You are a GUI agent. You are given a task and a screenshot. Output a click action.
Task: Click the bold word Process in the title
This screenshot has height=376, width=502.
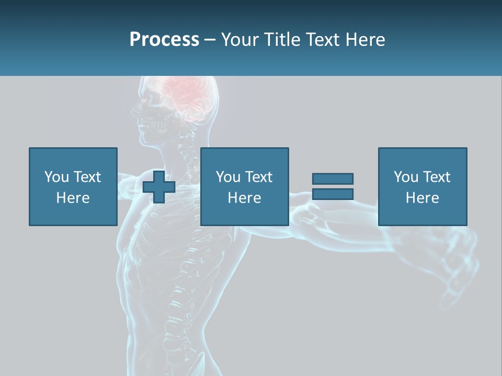coord(164,40)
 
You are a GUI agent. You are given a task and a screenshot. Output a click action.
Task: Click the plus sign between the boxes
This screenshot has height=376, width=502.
coord(159,186)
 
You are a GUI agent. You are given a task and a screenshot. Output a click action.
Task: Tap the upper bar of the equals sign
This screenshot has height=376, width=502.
coord(333,179)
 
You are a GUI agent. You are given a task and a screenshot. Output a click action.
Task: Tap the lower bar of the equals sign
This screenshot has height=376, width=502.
coord(333,194)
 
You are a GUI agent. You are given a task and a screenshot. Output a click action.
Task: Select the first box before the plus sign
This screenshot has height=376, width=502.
coord(73,186)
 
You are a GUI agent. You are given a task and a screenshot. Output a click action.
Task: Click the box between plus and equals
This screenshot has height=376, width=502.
coord(244,186)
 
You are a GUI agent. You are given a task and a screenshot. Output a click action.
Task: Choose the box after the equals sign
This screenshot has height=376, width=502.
coord(422,186)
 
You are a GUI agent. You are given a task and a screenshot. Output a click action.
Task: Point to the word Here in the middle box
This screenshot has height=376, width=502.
coord(244,198)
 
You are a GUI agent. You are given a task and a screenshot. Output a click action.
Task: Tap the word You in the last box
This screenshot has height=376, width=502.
coord(406,177)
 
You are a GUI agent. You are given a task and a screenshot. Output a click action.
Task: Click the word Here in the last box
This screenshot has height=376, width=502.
coord(422,198)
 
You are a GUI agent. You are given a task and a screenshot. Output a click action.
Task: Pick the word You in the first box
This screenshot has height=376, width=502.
coord(56,177)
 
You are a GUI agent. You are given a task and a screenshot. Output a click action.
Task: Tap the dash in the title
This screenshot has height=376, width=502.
coord(210,40)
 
